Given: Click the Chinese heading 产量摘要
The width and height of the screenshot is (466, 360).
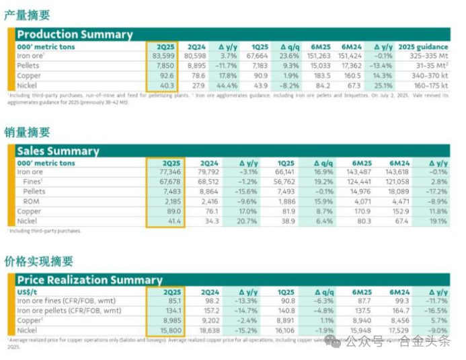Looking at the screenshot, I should [28, 15].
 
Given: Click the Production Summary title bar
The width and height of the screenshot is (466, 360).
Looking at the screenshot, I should [75, 34].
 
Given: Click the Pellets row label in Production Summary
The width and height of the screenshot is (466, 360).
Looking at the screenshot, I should [28, 66].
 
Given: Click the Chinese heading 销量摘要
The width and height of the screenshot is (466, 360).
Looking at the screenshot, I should [28, 132].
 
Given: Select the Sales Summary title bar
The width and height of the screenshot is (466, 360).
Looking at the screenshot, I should [58, 151].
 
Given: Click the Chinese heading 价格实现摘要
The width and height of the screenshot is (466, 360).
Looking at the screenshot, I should [38, 261].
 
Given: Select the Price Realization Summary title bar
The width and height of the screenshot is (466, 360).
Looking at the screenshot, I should [89, 280].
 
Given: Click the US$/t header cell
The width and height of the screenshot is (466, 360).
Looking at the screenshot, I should [29, 291].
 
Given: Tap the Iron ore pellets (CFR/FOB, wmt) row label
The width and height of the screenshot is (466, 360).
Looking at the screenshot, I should [69, 311].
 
